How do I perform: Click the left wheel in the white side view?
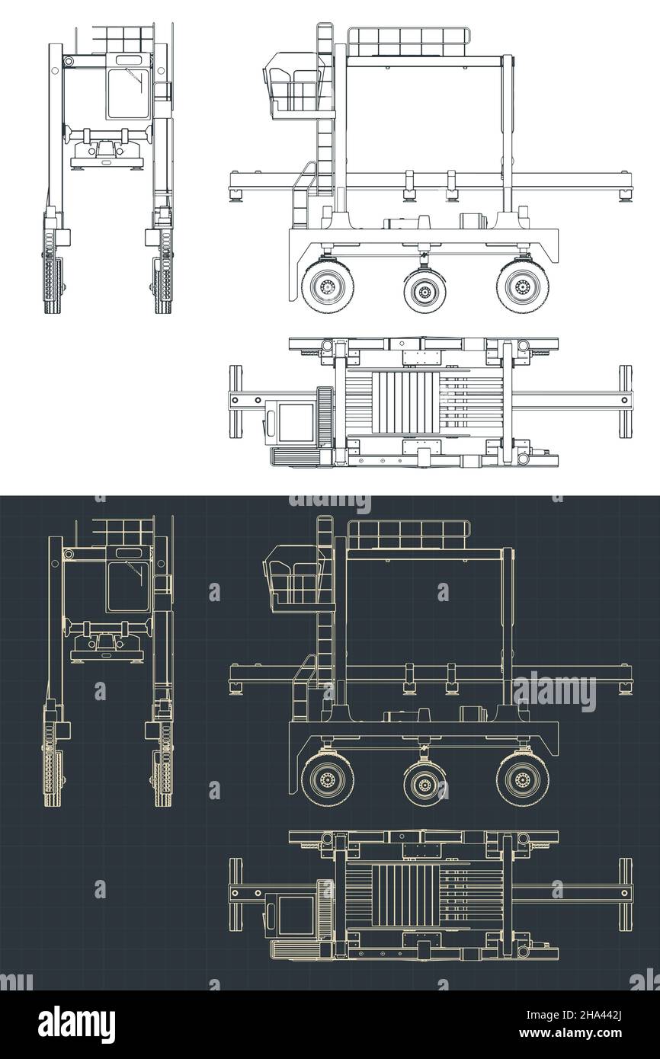(x=328, y=287)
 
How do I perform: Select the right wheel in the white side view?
(x=522, y=287)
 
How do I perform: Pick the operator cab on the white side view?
(x=296, y=84)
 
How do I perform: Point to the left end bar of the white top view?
(x=236, y=401)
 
